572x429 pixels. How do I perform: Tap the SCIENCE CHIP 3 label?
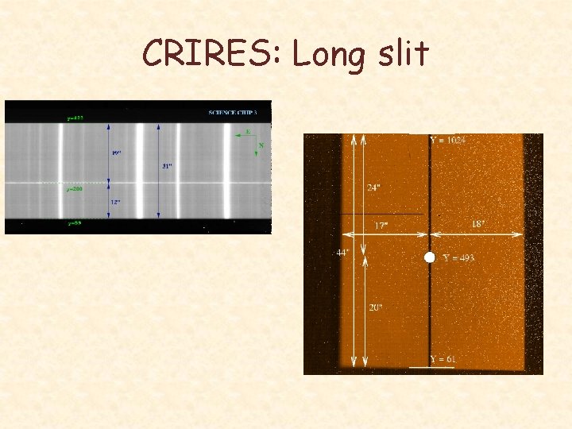233,113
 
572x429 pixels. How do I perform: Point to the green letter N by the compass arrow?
261,145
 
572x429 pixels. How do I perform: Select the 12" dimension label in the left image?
115,203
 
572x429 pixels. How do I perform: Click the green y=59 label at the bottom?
75,224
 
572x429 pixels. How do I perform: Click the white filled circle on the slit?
430,257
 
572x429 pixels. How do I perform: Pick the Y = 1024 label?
448,141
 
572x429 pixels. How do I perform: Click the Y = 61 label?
443,360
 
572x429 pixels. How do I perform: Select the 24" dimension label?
373,188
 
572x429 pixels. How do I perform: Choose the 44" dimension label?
342,253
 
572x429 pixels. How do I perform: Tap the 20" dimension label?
375,307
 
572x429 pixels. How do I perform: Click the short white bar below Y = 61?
426,368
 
